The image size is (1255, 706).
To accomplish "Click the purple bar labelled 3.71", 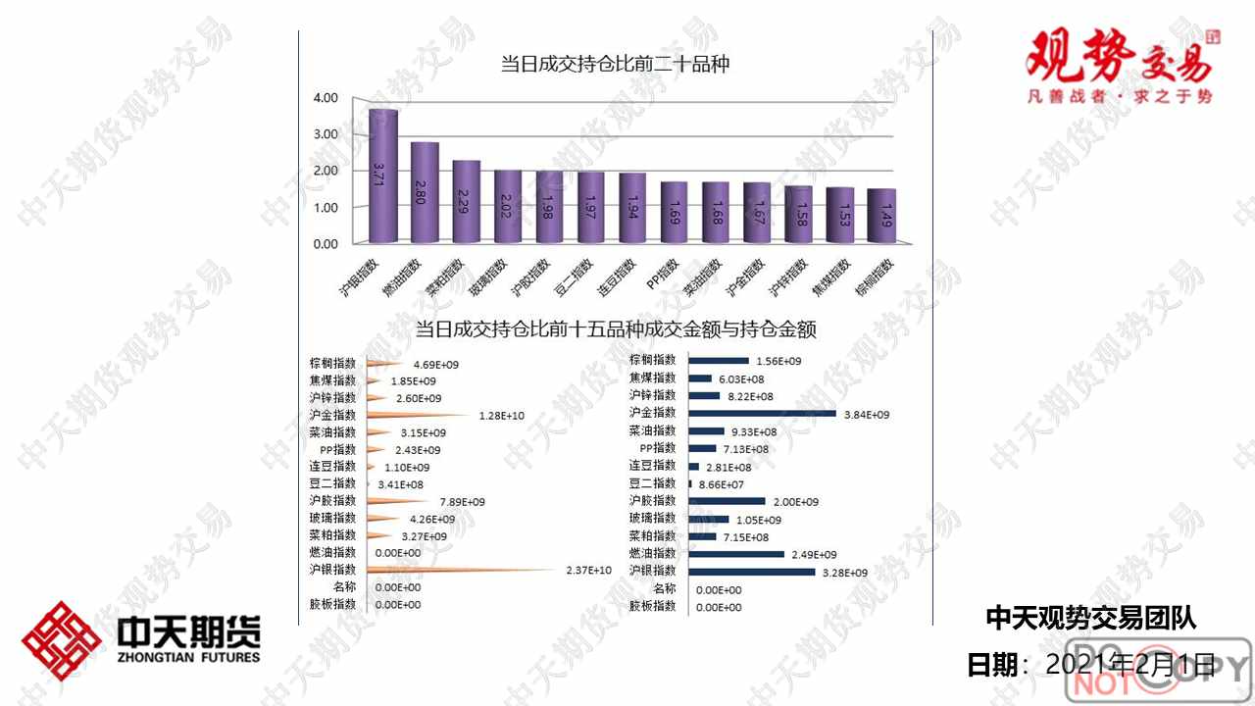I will pyautogui.click(x=382, y=176).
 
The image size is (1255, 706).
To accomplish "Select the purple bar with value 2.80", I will pyautogui.click(x=425, y=192).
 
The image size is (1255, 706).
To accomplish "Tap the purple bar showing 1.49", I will pyautogui.click(x=880, y=215).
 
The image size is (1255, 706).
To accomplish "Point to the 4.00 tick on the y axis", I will pyautogui.click(x=326, y=98).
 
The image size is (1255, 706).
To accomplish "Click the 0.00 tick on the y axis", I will pyautogui.click(x=326, y=243).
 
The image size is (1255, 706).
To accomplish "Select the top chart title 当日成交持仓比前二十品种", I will pyautogui.click(x=615, y=65).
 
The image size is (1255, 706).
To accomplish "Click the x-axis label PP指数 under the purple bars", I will pyautogui.click(x=664, y=277).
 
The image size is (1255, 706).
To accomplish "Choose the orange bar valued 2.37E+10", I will pyautogui.click(x=461, y=570).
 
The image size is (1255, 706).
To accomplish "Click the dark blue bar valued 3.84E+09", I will pyautogui.click(x=762, y=414).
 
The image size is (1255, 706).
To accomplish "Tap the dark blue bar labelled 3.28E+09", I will pyautogui.click(x=751, y=572).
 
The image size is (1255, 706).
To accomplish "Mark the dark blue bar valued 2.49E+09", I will pyautogui.click(x=736, y=554).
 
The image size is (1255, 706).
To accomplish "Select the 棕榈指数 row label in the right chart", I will pyautogui.click(x=652, y=361).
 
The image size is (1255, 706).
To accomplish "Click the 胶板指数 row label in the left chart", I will pyautogui.click(x=332, y=605).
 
